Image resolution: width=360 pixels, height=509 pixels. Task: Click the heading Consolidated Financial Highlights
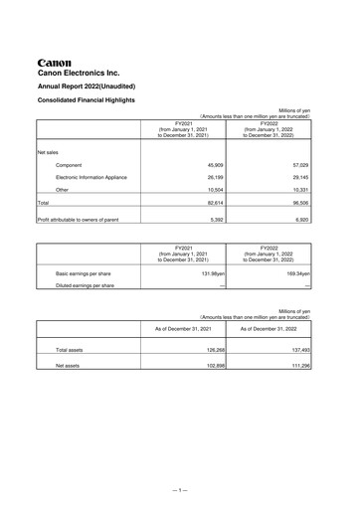pyautogui.click(x=92, y=101)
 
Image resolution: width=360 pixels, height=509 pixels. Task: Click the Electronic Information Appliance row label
pyautogui.click(x=91, y=177)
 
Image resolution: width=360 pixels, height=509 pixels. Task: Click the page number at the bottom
pyautogui.click(x=179, y=491)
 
